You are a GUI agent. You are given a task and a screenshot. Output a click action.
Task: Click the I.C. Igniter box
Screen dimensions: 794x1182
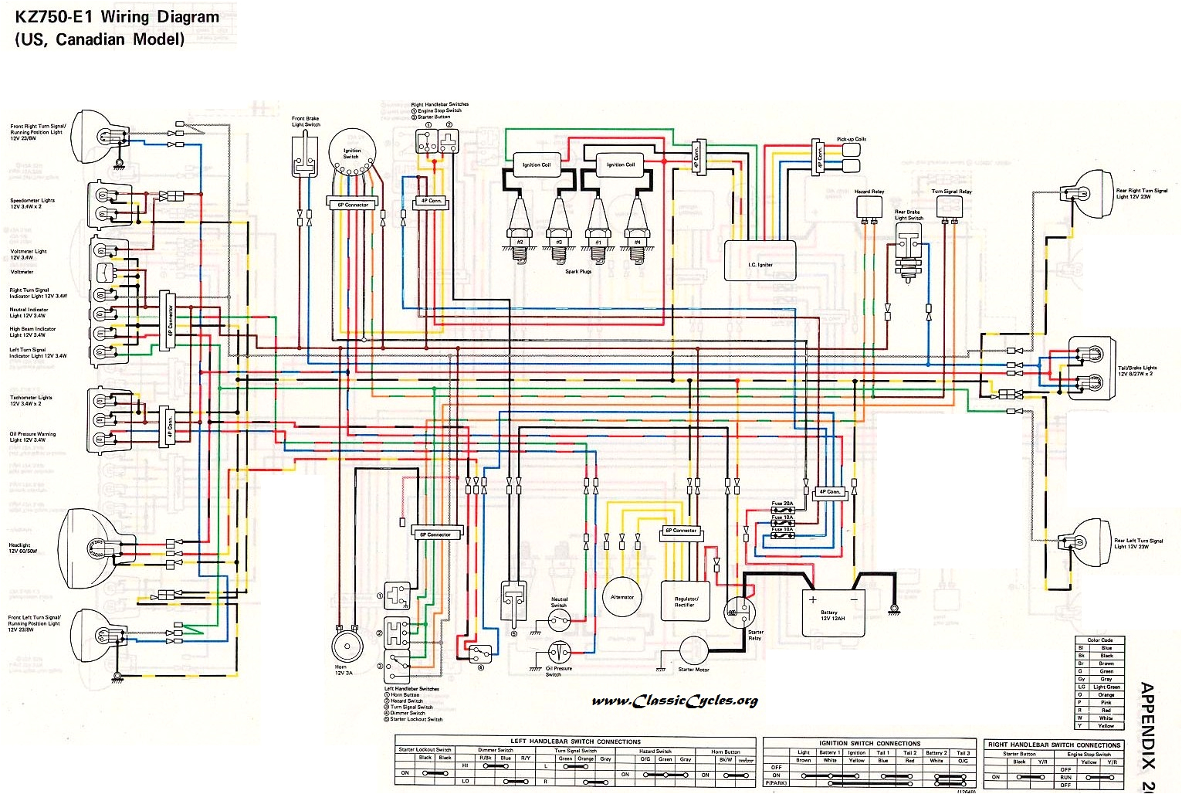(760, 260)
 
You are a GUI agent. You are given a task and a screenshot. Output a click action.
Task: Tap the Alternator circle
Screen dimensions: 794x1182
(622, 596)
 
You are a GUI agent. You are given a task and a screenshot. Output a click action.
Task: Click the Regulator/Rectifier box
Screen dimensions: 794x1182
(686, 600)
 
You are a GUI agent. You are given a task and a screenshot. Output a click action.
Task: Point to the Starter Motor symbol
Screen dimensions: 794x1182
(693, 650)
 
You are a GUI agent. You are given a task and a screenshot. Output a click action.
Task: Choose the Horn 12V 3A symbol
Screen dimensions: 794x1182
(345, 647)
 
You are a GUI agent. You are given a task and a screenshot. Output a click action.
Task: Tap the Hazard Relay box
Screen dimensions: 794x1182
(869, 206)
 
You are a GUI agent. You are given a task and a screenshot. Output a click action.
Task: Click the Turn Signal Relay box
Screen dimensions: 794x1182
(950, 206)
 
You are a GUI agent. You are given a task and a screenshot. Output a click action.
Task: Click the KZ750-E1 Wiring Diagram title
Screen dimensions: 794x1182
(116, 17)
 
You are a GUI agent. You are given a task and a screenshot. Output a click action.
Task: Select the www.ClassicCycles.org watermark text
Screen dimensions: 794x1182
(675, 701)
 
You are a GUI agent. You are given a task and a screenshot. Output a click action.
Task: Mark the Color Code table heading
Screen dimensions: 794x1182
(1099, 640)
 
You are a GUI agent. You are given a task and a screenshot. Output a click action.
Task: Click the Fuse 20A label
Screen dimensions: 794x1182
(782, 504)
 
